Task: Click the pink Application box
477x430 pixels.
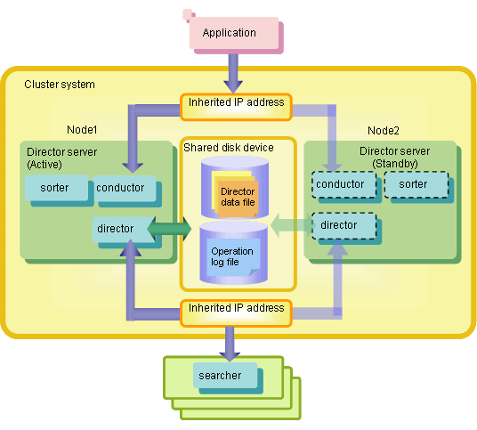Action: pos(234,33)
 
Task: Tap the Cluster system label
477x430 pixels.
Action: pos(60,85)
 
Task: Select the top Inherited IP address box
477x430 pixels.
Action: pos(236,107)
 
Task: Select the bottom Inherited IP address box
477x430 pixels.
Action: pos(236,313)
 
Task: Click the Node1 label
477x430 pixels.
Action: pos(82,130)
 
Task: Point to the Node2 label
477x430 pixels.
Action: pos(384,131)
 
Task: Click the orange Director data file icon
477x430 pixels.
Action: pos(236,194)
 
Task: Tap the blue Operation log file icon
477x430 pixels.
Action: pos(233,257)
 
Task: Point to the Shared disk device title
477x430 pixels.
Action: pos(229,148)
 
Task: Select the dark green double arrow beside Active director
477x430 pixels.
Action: pos(169,229)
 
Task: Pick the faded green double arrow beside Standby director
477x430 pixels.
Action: pos(291,225)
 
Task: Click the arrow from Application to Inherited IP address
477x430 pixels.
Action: pos(233,74)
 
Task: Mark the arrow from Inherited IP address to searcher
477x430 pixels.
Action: pos(230,344)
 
